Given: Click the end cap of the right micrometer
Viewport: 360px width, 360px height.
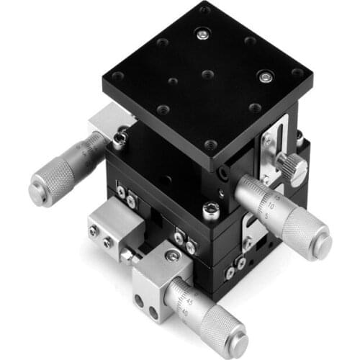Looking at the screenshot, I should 317,239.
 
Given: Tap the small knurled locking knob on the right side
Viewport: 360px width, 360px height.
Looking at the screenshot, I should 294,167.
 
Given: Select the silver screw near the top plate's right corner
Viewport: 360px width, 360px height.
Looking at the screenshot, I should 267,76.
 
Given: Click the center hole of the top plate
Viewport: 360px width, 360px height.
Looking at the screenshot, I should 207,74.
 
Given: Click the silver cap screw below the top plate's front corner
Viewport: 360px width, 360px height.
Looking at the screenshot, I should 210,211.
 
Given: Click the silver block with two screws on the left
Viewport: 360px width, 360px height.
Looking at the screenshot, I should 108,230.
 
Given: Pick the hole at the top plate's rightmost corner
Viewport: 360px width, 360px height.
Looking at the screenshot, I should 297,73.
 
